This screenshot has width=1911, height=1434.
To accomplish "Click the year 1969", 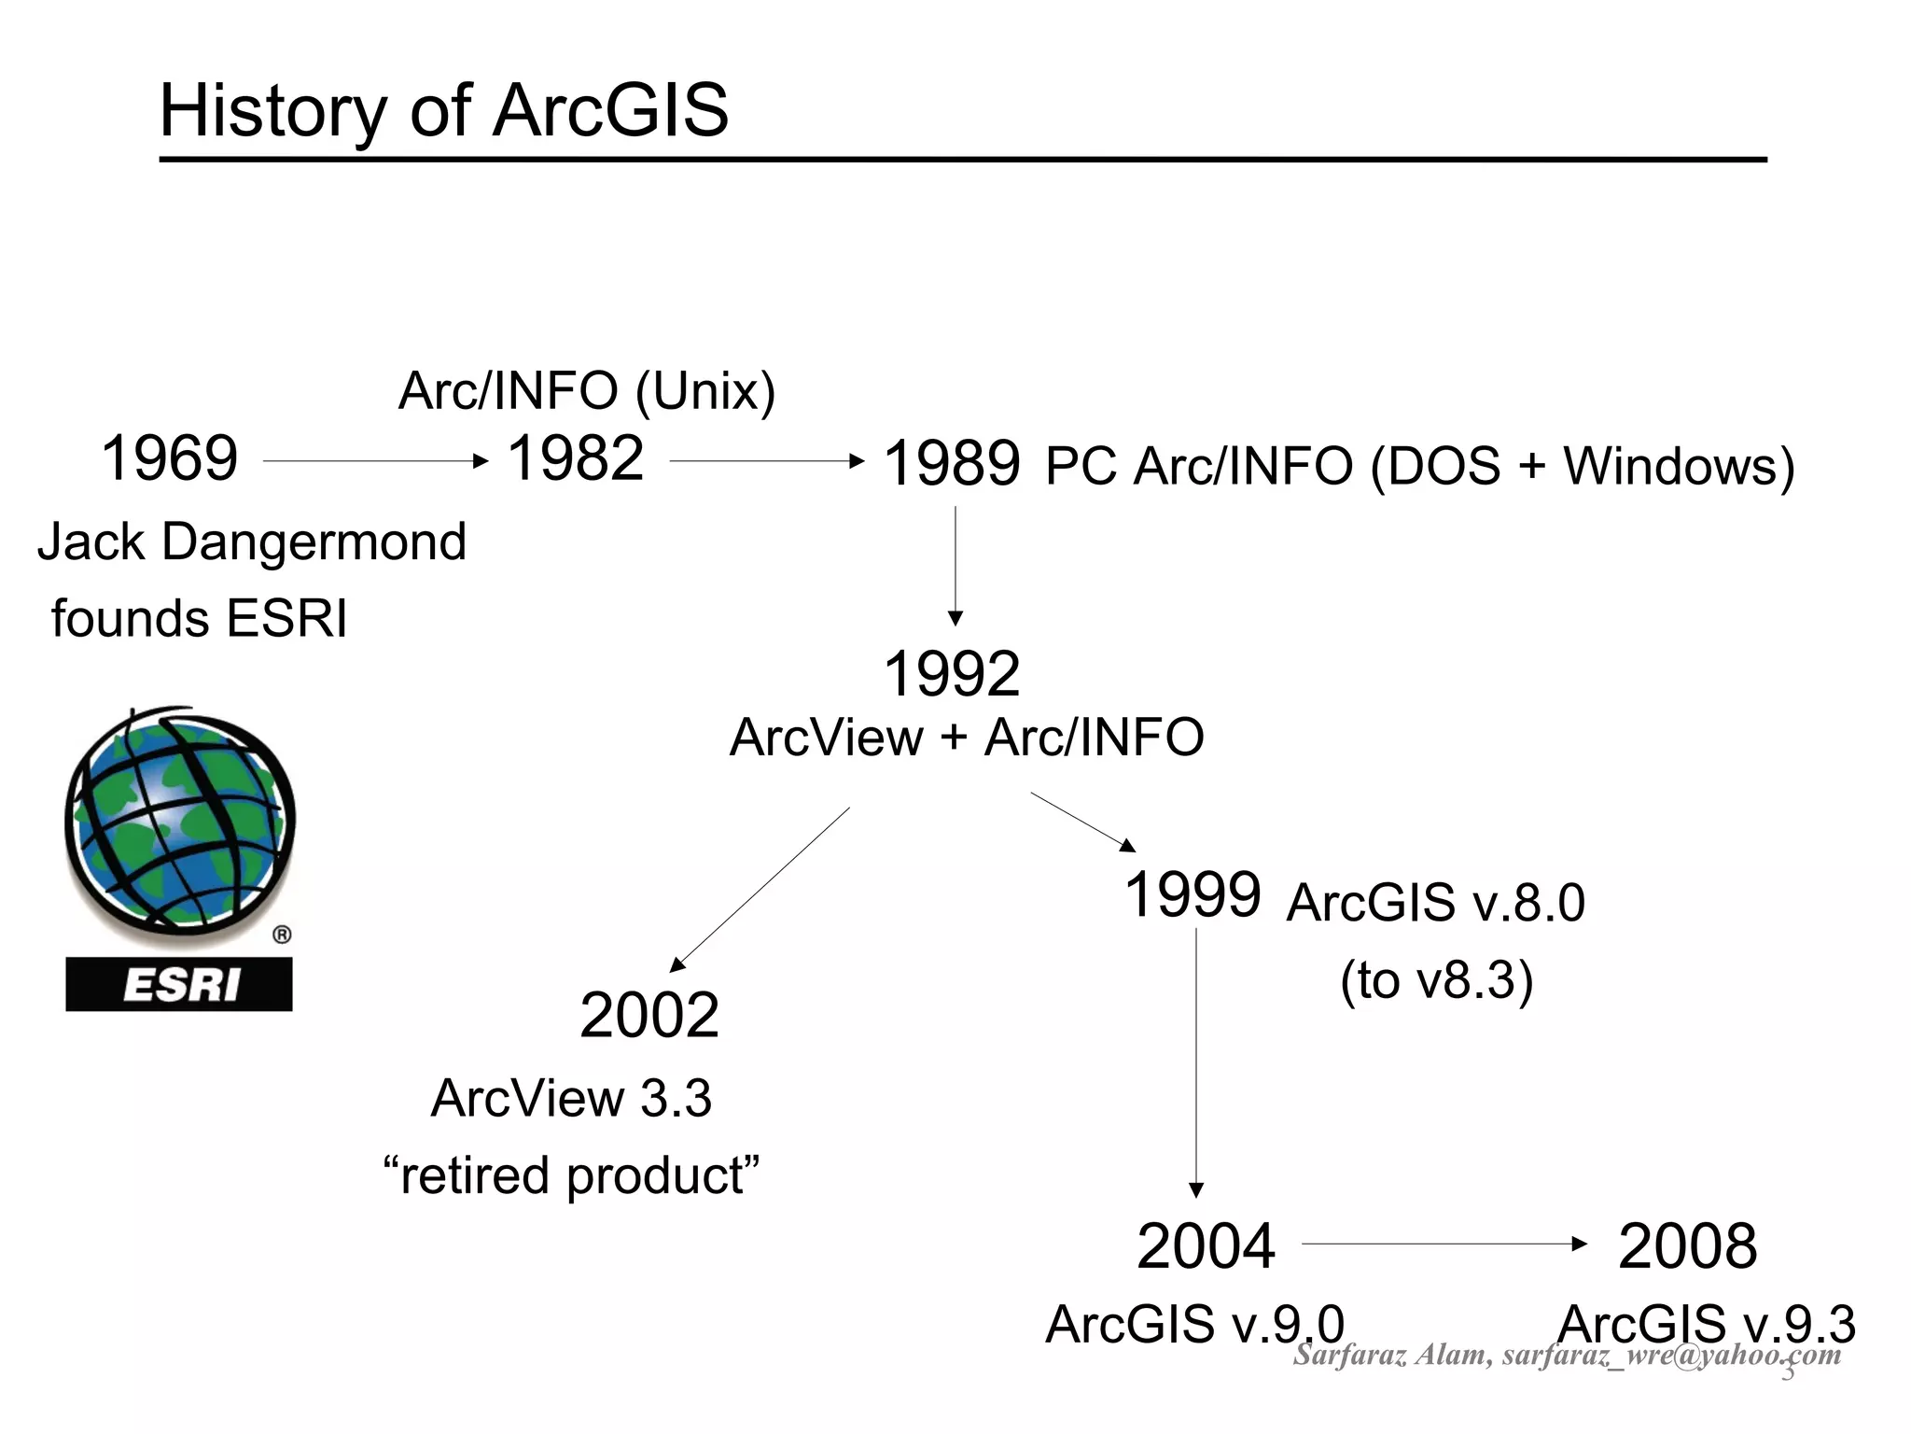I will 169,458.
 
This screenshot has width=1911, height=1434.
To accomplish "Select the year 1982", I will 575,458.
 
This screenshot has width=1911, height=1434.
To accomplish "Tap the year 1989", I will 951,464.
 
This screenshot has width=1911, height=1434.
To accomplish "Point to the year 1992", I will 951,674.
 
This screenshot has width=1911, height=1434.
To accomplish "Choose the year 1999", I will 1193,894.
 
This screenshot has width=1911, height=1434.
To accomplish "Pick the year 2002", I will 649,1016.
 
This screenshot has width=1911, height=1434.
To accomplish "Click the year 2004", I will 1206,1246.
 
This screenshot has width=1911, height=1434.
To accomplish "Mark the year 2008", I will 1687,1246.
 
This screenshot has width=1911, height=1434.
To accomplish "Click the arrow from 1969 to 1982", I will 375,461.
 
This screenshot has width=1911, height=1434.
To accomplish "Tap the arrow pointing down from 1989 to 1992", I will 955,565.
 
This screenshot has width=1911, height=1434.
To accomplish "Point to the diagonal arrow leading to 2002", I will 760,889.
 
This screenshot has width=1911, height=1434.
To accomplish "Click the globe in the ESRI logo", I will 179,819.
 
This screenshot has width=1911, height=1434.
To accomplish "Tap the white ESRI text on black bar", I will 179,985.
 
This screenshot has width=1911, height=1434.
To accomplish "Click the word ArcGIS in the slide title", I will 610,111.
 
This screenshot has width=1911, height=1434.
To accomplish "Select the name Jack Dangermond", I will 252,541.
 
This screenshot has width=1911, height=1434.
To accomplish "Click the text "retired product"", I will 571,1175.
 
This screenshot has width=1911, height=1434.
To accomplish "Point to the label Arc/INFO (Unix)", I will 587,390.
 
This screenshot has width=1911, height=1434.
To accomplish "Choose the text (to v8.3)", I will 1436,980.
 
